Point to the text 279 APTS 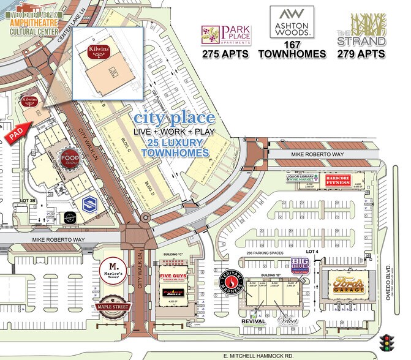(x=361, y=54)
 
